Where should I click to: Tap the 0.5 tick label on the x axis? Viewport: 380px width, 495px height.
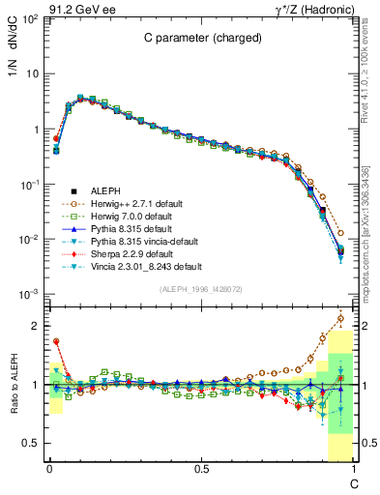coord(201,469)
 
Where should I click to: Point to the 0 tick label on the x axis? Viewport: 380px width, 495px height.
coord(48,469)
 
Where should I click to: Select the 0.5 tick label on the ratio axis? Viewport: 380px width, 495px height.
coord(31,443)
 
